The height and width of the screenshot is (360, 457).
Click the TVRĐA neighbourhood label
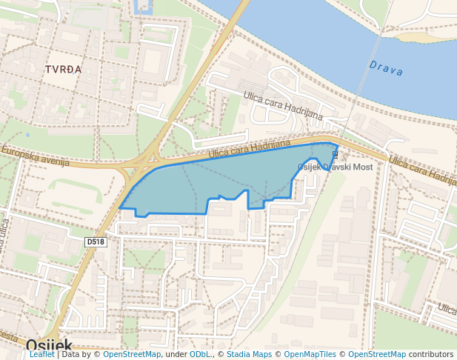(x=63, y=69)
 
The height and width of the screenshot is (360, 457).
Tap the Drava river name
(x=387, y=68)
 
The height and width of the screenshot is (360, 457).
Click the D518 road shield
(x=96, y=241)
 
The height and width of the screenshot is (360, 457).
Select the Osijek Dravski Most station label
(x=334, y=167)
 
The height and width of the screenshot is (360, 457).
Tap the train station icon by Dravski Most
(x=334, y=154)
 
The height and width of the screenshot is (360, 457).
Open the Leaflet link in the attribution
(x=41, y=355)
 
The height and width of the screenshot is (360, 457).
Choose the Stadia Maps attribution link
(x=248, y=355)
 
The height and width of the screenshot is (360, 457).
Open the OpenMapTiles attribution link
(x=310, y=355)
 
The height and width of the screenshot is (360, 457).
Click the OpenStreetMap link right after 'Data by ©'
(x=132, y=355)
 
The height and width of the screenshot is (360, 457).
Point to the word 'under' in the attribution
(x=176, y=355)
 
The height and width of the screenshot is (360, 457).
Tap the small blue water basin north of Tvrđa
(x=142, y=7)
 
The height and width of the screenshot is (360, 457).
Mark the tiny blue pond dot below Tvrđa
(x=27, y=135)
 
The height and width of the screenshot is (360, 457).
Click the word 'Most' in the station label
(x=362, y=168)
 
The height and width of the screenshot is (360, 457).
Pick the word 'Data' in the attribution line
(x=71, y=355)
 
